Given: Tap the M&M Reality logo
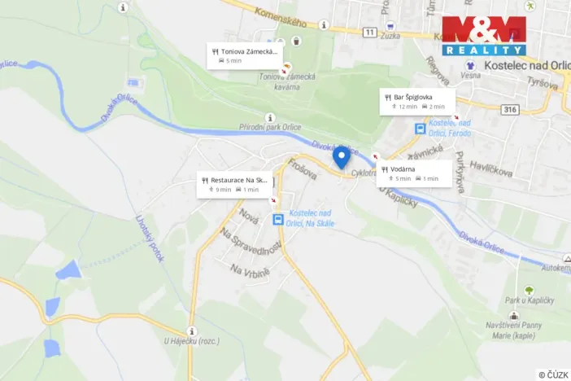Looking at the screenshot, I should tap(483, 35).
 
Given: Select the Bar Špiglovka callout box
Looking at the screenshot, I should tap(416, 101).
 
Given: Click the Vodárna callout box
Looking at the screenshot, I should tap(414, 173).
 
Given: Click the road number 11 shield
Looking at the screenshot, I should tap(371, 32).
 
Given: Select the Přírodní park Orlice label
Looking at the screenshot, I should tap(269, 128).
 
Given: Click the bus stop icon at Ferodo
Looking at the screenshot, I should tap(420, 129).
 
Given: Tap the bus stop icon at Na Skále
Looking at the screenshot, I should tap(278, 220).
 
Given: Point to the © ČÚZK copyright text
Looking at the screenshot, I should tap(553, 374).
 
